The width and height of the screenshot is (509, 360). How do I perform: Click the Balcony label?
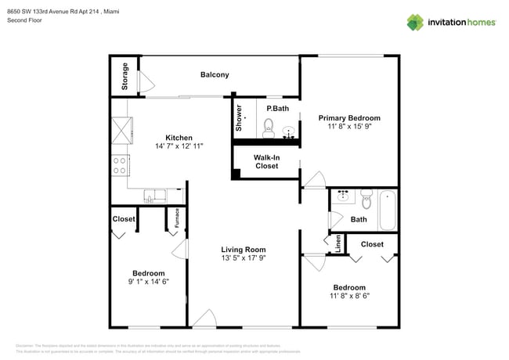(215, 75)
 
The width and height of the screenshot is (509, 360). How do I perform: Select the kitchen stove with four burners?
(121, 164)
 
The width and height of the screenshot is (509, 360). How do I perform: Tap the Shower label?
(240, 117)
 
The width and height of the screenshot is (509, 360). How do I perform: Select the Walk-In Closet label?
(266, 161)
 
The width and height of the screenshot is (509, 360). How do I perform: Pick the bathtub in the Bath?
(387, 209)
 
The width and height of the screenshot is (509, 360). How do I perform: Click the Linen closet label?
(337, 244)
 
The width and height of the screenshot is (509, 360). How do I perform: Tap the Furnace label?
(177, 217)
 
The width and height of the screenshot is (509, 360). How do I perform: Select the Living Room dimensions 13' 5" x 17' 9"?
(244, 257)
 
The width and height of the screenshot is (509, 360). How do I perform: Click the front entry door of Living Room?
(205, 318)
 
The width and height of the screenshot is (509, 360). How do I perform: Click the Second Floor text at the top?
(25, 20)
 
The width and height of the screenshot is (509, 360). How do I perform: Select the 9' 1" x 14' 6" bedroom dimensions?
(148, 281)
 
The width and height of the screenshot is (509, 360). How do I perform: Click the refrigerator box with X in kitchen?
(121, 128)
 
